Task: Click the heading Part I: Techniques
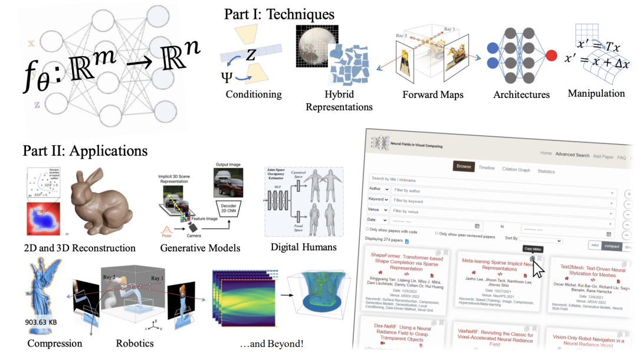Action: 279,14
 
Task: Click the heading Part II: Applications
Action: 85,151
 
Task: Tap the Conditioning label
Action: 254,94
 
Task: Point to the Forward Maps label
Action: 433,94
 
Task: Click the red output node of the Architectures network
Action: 552,57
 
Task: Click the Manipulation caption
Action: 596,93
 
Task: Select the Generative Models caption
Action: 200,248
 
